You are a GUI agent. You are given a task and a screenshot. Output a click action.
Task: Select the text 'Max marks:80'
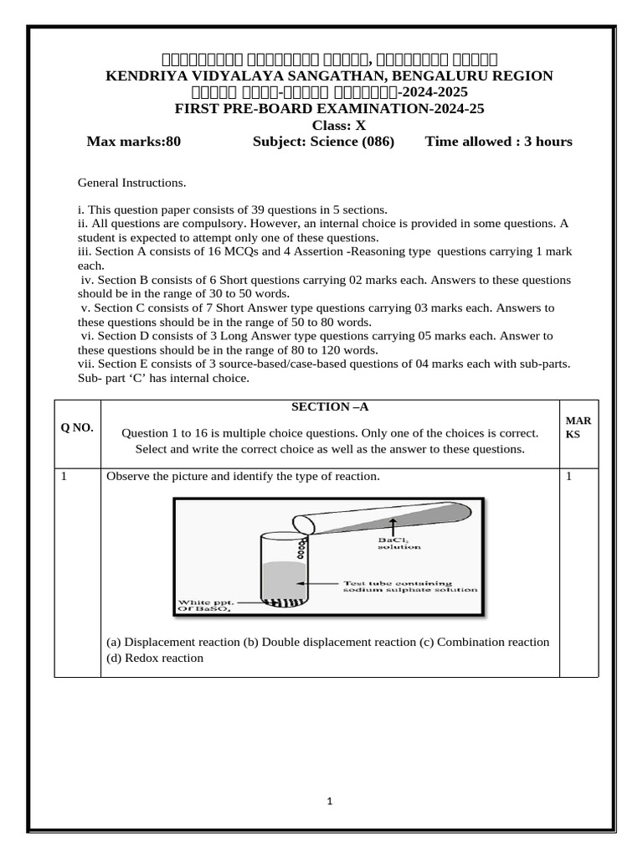point(134,142)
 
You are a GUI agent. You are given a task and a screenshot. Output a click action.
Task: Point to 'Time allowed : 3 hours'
point(499,142)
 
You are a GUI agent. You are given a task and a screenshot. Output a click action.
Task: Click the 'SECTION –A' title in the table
point(329,406)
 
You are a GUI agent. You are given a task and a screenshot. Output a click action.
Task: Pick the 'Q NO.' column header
point(77,428)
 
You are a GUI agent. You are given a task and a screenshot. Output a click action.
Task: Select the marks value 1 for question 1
point(568,477)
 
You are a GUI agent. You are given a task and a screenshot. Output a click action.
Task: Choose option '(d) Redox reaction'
point(154,658)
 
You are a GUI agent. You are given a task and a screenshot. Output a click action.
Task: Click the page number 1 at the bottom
point(330,802)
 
